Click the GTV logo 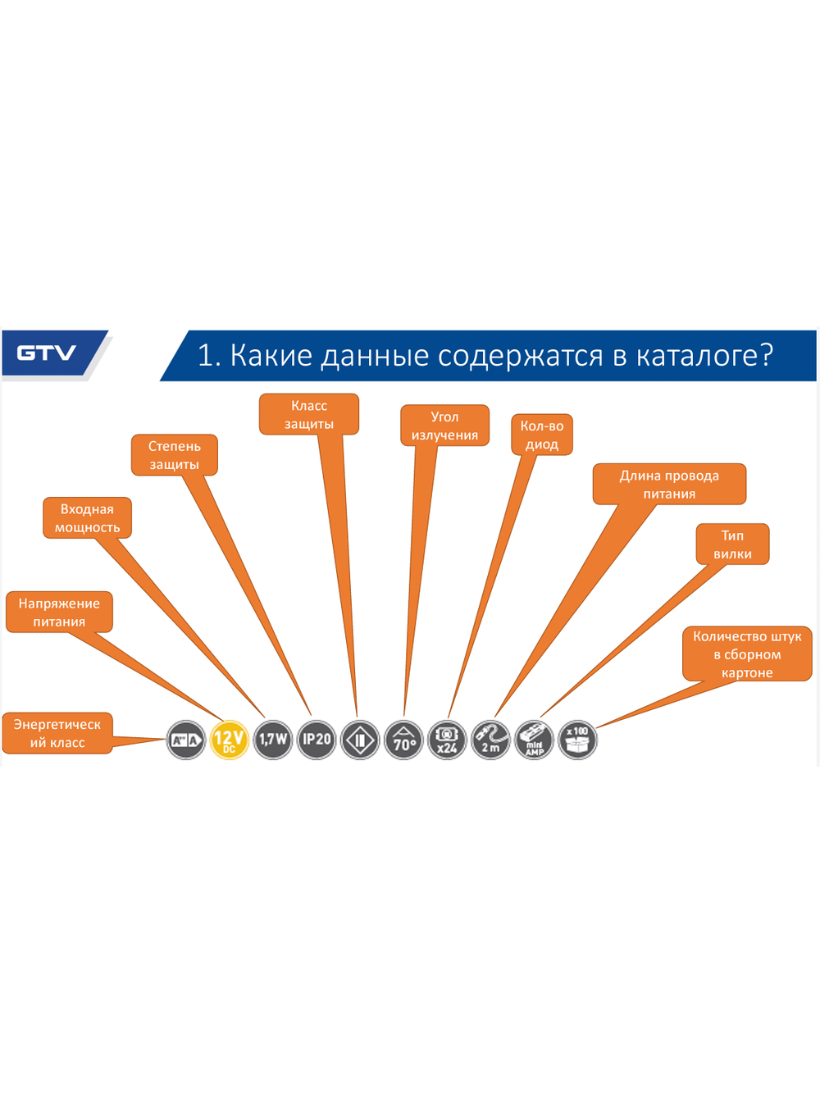(47, 353)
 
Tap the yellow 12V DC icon (230, 740)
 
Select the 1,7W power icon (273, 740)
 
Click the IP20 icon (317, 740)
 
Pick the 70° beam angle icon (403, 740)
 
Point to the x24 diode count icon (447, 740)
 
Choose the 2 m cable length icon (490, 740)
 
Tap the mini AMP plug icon (534, 740)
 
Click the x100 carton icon (578, 740)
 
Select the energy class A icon (186, 740)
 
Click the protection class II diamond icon (360, 740)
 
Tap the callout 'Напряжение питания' (59, 613)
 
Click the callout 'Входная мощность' (87, 518)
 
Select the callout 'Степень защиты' (175, 455)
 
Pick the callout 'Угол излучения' (444, 426)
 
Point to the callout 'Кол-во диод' (542, 435)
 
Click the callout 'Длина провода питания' (669, 485)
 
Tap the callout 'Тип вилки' (732, 544)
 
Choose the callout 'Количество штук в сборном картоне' (747, 654)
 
